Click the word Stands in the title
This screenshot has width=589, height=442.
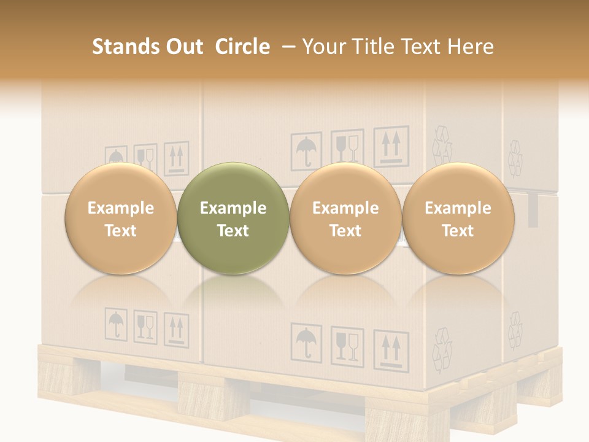coord(122,47)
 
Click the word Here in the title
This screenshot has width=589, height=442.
coord(470,47)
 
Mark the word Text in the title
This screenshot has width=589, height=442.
coord(422,47)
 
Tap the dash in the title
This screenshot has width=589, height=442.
coord(286,47)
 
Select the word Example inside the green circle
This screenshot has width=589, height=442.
coord(233,208)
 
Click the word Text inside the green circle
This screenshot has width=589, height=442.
coord(233,231)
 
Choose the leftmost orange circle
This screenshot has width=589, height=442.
coord(120,218)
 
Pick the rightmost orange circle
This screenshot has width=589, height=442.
coord(458,218)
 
